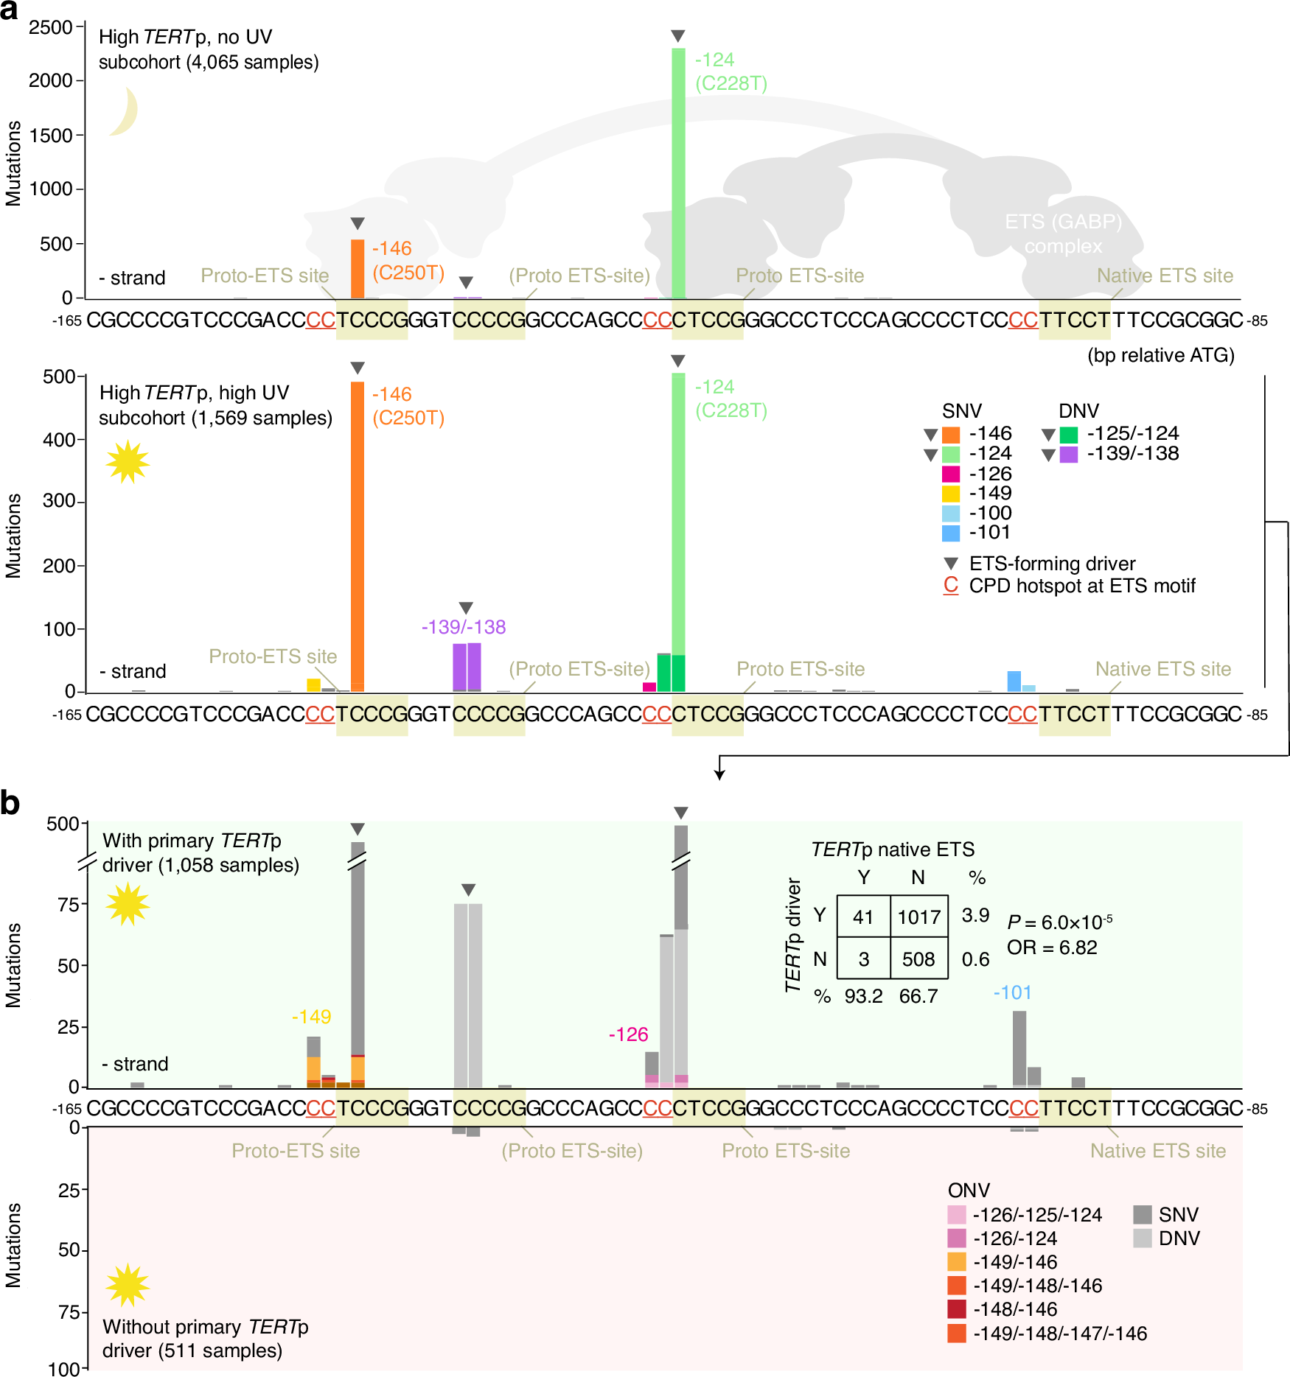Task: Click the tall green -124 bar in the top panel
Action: click(678, 173)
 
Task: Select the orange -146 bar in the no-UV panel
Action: click(358, 269)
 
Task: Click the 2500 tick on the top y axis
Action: click(50, 27)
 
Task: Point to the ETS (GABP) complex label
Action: click(1063, 234)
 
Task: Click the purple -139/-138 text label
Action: click(464, 627)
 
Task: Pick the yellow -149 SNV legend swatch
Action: click(951, 494)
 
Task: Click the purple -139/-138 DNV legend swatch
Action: click(1069, 455)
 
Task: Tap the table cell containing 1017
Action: click(918, 917)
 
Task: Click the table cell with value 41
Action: click(863, 917)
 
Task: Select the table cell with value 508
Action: click(918, 959)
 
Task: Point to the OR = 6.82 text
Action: click(1052, 947)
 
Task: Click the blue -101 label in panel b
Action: click(1012, 992)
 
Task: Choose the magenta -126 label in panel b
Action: click(628, 1034)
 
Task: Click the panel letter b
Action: click(10, 803)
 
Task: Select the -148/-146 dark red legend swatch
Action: click(957, 1309)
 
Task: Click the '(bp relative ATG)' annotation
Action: click(1160, 355)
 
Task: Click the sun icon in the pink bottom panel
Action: click(128, 1284)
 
